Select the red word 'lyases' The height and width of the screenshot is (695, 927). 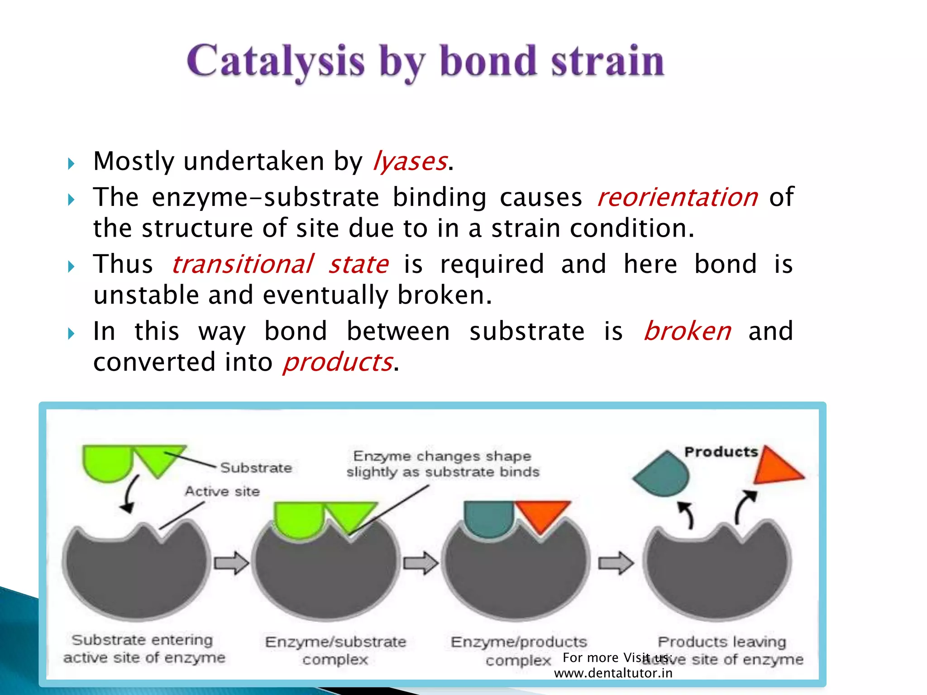pyautogui.click(x=410, y=162)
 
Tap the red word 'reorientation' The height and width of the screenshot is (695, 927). pyautogui.click(x=677, y=197)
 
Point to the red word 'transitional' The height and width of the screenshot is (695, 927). pyautogui.click(x=243, y=264)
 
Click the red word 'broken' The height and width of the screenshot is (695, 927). pyautogui.click(x=687, y=331)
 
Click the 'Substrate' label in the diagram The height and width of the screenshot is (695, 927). pyautogui.click(x=256, y=467)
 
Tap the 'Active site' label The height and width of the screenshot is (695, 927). pyautogui.click(x=222, y=491)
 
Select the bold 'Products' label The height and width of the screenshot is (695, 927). pyautogui.click(x=721, y=452)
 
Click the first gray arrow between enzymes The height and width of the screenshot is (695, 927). pyautogui.click(x=231, y=563)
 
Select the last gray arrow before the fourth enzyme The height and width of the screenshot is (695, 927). pyautogui.click(x=616, y=563)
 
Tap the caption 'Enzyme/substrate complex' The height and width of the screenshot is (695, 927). pyautogui.click(x=335, y=650)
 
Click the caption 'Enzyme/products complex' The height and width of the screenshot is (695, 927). pyautogui.click(x=519, y=651)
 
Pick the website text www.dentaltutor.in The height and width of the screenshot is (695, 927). pyautogui.click(x=613, y=673)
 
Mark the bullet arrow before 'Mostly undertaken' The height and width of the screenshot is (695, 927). pyautogui.click(x=71, y=163)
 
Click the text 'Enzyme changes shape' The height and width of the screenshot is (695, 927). pyautogui.click(x=442, y=456)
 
